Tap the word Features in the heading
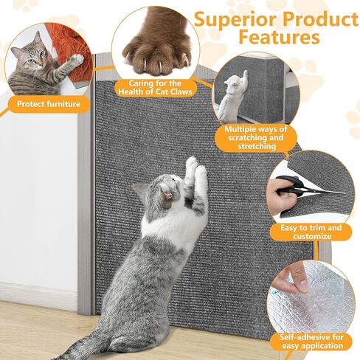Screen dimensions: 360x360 click(x=280, y=37)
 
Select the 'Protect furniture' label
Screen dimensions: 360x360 click(x=49, y=104)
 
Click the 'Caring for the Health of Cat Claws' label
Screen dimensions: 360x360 click(x=156, y=88)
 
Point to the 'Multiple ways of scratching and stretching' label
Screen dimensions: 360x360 click(x=256, y=138)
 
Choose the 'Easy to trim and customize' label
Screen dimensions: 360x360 click(x=311, y=232)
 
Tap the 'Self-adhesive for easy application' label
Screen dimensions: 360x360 click(x=311, y=342)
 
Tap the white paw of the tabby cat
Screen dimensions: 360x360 click(x=75, y=60)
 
